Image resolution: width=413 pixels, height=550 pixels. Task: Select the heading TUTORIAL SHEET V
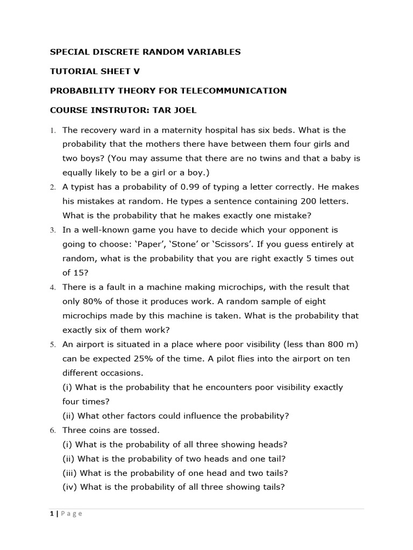tap(95, 71)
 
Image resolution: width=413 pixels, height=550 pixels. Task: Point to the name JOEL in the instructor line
tap(184, 110)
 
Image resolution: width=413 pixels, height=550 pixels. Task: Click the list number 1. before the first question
tap(53, 131)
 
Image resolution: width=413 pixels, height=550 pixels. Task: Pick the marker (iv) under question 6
tap(70, 487)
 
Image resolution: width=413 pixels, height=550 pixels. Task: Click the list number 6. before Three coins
tap(53, 430)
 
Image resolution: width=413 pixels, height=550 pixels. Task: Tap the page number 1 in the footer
tap(52, 513)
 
